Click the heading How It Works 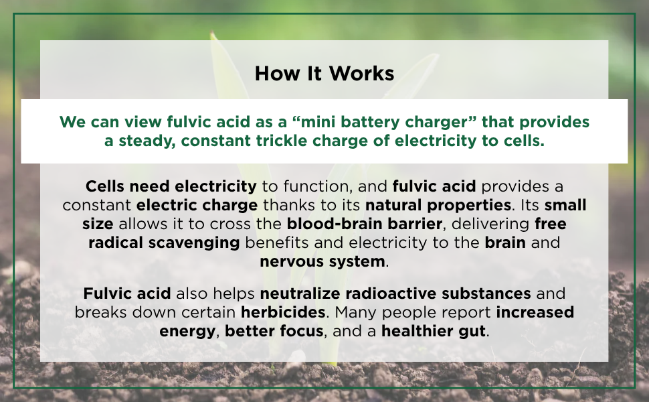click(x=324, y=73)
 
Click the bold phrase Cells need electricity click(x=171, y=185)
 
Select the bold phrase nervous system click(x=322, y=261)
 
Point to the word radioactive click(x=389, y=293)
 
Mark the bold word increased click(x=535, y=312)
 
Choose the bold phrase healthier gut click(x=434, y=331)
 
